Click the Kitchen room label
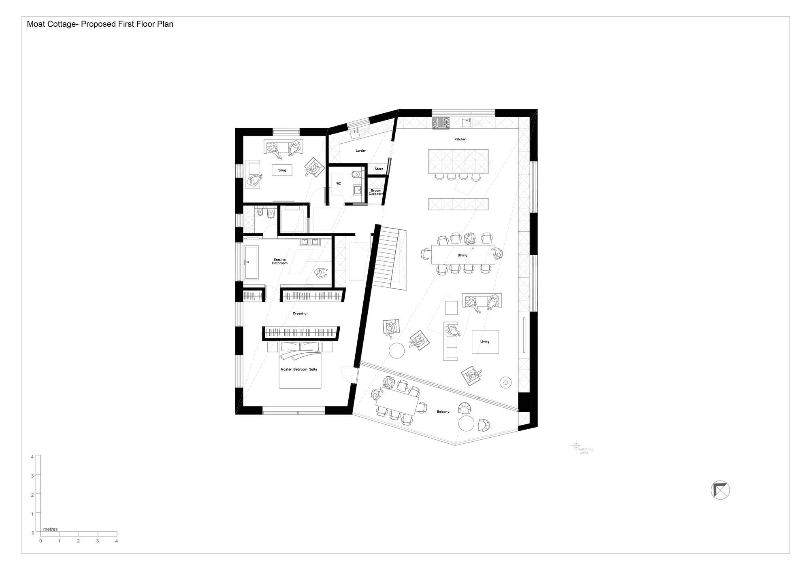pyautogui.click(x=460, y=139)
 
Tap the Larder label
pyautogui.click(x=361, y=150)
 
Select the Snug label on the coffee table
pyautogui.click(x=282, y=170)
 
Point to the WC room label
pyautogui.click(x=339, y=184)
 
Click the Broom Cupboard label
pyautogui.click(x=376, y=192)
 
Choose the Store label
pyautogui.click(x=379, y=169)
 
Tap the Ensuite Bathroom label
pyautogui.click(x=280, y=261)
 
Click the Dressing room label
pyautogui.click(x=300, y=314)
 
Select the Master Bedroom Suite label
pyautogui.click(x=299, y=369)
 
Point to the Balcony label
pyautogui.click(x=443, y=412)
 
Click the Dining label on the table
pyautogui.click(x=463, y=255)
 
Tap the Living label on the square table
pyautogui.click(x=485, y=342)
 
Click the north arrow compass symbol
pyautogui.click(x=720, y=490)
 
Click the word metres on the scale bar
pyautogui.click(x=51, y=529)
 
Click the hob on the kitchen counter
pyautogui.click(x=441, y=123)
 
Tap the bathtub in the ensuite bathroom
pyautogui.click(x=251, y=263)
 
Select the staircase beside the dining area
pyautogui.click(x=389, y=258)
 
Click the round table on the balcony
pyautogui.click(x=466, y=424)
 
